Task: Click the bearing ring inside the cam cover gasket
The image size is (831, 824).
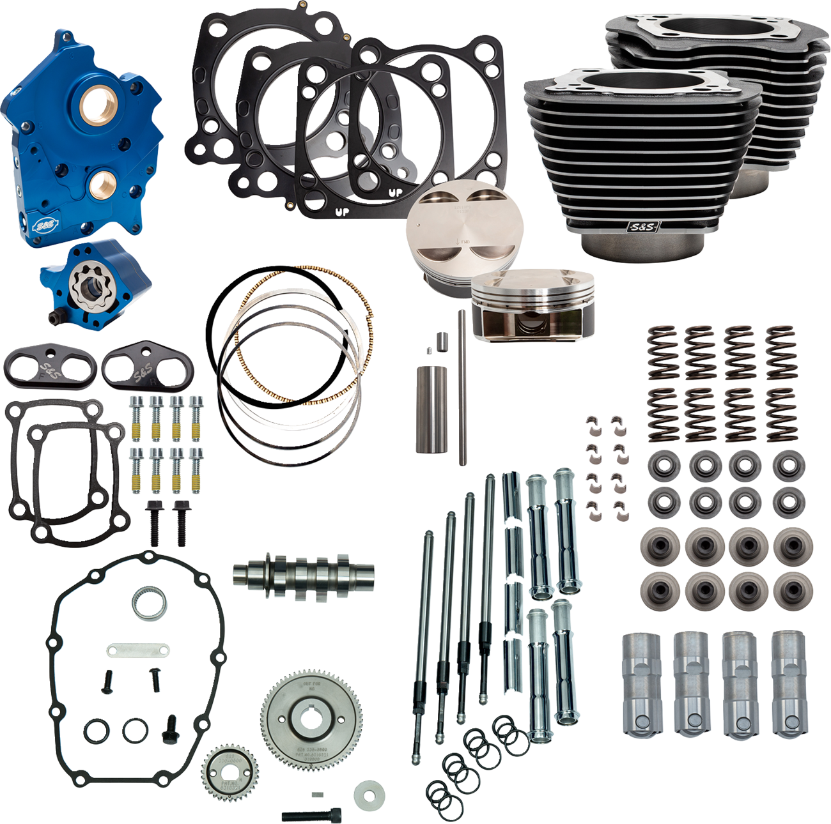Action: (150, 604)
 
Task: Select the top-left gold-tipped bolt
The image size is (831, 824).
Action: (136, 418)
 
